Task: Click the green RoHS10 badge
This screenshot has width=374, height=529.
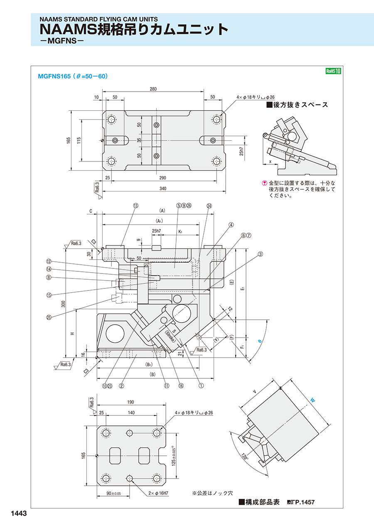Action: [333, 71]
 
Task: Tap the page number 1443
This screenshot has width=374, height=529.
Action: [19, 513]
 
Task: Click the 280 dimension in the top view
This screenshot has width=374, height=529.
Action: [153, 89]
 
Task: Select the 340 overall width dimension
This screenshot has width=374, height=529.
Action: [163, 189]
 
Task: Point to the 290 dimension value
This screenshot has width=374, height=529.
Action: [162, 178]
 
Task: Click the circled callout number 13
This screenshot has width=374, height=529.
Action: [135, 206]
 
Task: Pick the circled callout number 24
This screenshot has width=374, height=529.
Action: [209, 206]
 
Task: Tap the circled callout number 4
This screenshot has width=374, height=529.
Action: [231, 225]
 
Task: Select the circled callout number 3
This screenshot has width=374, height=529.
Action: [260, 254]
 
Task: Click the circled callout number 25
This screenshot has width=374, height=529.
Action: [49, 318]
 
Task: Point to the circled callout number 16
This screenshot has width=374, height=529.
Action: [181, 386]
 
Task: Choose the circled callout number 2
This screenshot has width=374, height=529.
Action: [121, 386]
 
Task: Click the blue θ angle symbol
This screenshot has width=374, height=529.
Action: [260, 341]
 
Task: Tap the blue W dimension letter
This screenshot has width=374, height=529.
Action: [312, 400]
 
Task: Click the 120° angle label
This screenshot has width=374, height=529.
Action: [244, 456]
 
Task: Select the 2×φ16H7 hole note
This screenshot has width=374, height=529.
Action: [158, 493]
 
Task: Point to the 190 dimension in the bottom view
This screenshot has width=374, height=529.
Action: [130, 402]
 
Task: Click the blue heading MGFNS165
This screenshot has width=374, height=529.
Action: [54, 76]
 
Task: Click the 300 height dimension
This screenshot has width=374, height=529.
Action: [63, 304]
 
